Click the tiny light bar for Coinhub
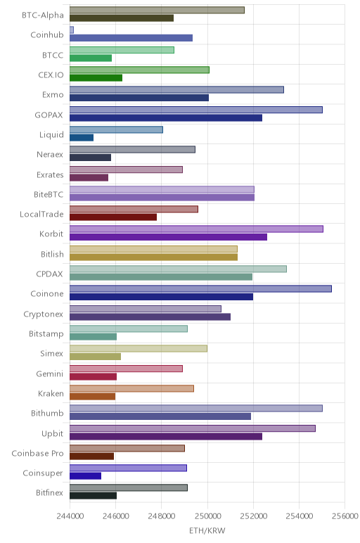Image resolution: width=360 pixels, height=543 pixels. tap(72, 30)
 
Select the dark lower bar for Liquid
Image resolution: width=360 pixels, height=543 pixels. tap(82, 138)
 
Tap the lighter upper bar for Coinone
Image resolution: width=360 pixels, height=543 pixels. tap(201, 289)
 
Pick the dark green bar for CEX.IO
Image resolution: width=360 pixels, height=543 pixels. tap(96, 78)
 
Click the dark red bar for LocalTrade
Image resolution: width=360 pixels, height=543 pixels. tap(113, 217)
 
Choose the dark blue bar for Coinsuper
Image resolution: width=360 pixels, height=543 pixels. tap(86, 476)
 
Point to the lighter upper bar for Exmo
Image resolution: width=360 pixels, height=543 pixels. tap(177, 90)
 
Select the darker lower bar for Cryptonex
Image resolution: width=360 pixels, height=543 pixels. tap(150, 317)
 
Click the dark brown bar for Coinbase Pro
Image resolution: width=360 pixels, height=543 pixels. tap(91, 456)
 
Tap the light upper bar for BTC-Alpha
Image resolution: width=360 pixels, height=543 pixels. tap(157, 10)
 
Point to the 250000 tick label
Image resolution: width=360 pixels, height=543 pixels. tap(207, 516)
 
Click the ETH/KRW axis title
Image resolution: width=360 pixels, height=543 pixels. tap(207, 530)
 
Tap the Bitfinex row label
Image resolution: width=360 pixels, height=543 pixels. tap(49, 493)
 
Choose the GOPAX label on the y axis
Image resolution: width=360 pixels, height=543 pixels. tap(49, 115)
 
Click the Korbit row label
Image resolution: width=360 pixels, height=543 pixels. tap(51, 234)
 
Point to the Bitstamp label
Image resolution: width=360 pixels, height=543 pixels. tap(46, 334)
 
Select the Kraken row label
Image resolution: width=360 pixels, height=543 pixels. tap(51, 393)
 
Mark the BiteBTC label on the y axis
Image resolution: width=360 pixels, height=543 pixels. tap(49, 194)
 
